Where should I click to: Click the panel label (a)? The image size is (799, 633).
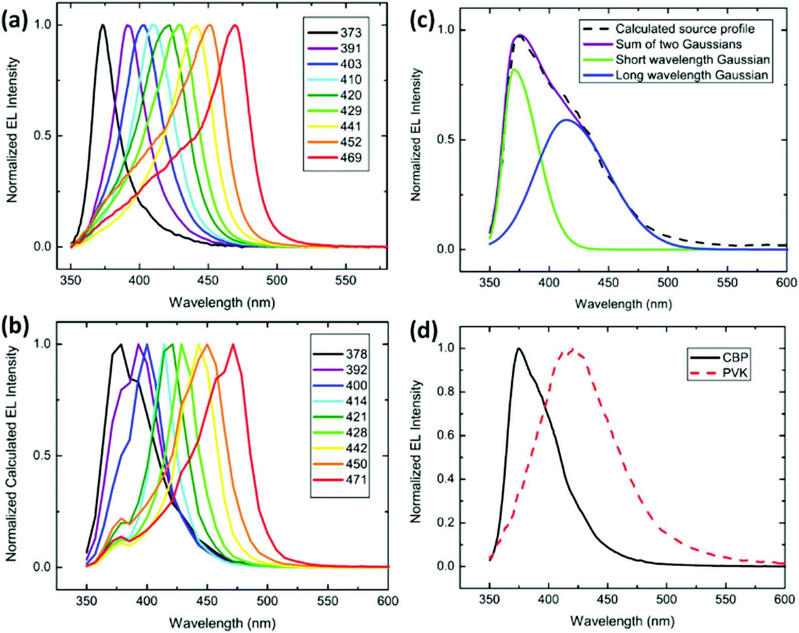[x=15, y=23]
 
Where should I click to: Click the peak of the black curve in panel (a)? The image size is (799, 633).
[x=103, y=25]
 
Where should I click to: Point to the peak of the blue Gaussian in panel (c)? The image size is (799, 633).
[x=566, y=120]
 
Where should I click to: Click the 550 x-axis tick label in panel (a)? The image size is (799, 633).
[x=346, y=281]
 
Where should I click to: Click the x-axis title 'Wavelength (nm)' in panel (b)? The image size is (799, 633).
[x=222, y=623]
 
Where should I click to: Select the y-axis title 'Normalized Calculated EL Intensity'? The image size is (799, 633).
[x=12, y=454]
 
